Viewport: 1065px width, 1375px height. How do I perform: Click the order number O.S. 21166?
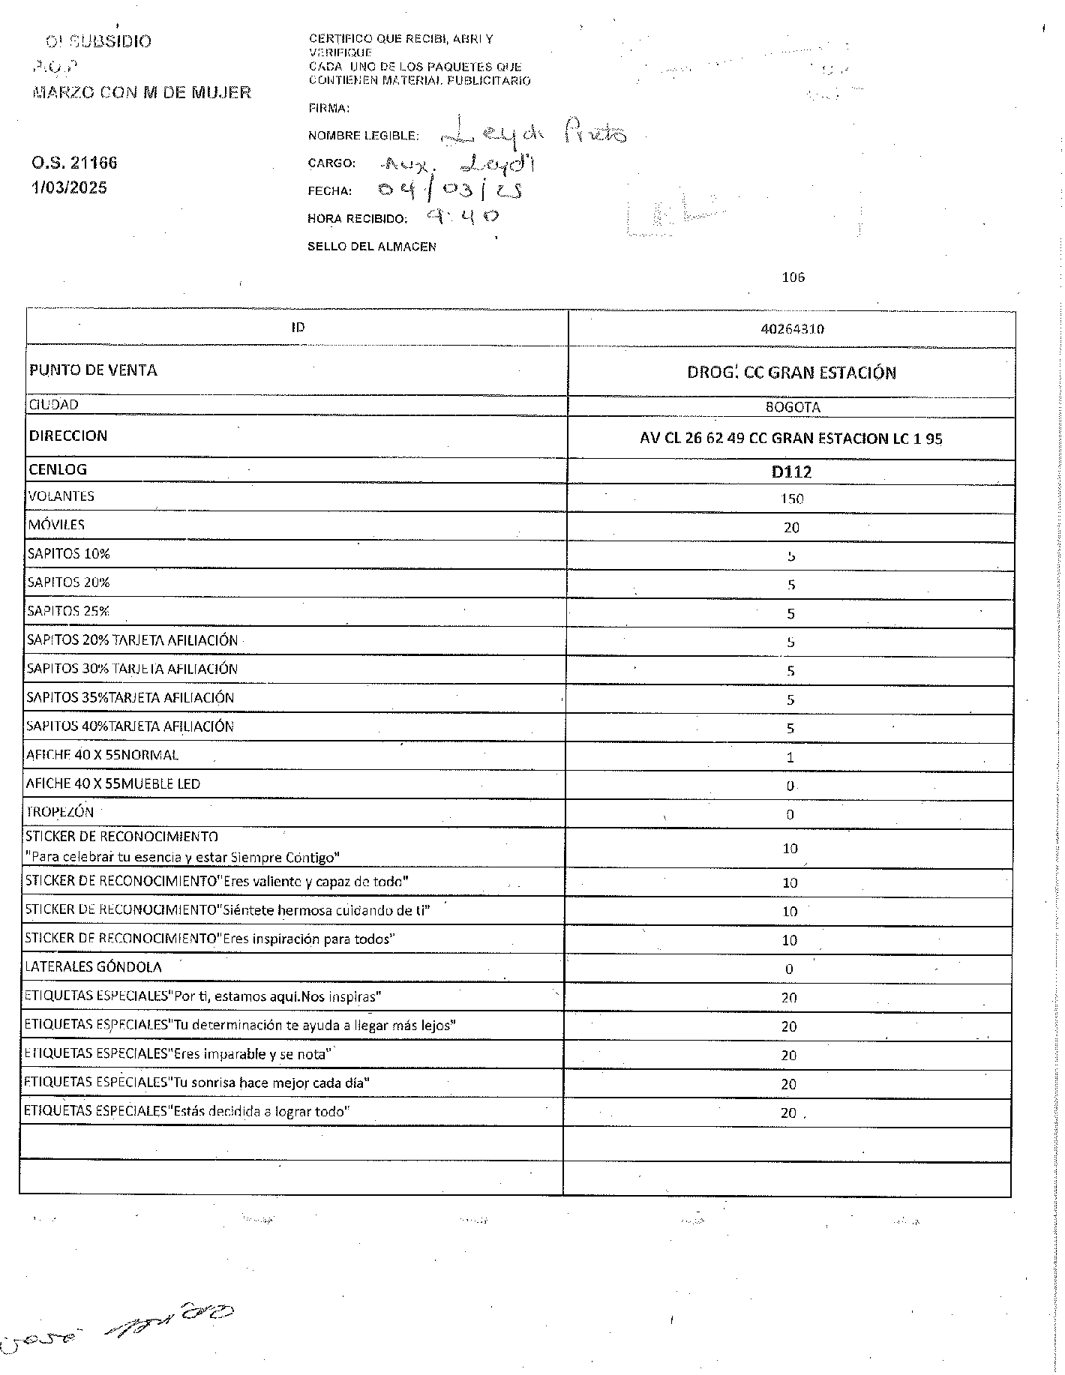(74, 163)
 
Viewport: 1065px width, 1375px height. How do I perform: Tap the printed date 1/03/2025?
(69, 187)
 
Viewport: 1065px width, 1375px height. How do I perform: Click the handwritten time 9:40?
(462, 217)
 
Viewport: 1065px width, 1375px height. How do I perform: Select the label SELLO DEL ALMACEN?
(371, 247)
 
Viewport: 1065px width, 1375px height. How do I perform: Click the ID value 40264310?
(792, 329)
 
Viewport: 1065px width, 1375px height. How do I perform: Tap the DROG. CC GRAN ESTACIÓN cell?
(791, 373)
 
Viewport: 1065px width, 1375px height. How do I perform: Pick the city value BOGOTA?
(792, 408)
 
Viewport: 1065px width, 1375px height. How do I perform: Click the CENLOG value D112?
(791, 472)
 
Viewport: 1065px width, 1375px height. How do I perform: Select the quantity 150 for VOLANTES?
(791, 499)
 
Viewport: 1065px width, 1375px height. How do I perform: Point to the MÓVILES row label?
(56, 525)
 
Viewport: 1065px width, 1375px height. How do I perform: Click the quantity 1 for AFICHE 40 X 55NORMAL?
(790, 757)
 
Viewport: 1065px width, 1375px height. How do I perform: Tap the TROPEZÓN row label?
(60, 812)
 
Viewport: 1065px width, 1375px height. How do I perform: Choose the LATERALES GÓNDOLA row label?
(93, 967)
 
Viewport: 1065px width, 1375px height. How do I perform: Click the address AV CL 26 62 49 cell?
(790, 439)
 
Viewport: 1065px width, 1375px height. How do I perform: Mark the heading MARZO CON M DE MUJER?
(142, 93)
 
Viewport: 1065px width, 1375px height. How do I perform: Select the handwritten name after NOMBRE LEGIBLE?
(532, 133)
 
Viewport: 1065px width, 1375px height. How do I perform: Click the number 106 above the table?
(793, 277)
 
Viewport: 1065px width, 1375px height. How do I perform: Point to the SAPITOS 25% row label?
(68, 611)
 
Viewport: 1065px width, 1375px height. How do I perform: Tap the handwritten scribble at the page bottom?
(120, 1329)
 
